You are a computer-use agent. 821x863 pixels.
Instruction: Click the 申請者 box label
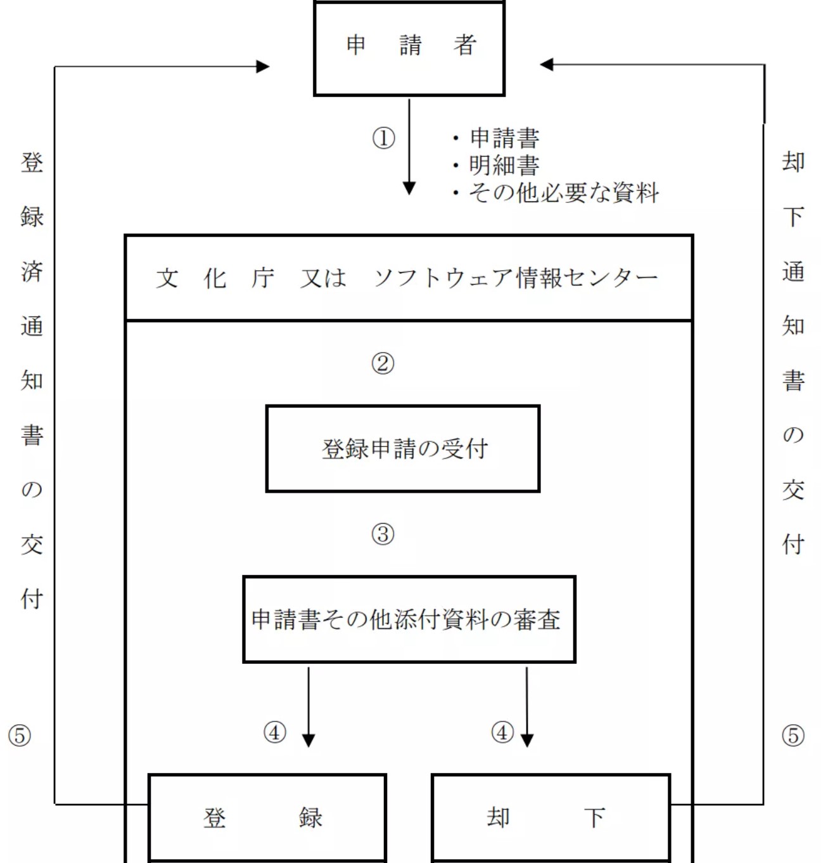411,45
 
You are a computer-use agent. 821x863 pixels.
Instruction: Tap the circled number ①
383,138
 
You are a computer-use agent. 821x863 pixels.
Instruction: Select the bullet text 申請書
504,138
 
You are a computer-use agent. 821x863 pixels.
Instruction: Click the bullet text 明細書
504,165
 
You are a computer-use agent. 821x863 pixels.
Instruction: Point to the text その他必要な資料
564,193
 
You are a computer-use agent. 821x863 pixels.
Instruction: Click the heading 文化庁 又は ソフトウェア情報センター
407,278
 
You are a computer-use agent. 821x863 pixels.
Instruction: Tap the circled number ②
383,364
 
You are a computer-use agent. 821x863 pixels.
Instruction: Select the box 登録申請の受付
403,448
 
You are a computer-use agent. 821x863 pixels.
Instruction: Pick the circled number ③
383,534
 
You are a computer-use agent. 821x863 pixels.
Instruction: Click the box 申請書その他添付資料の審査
409,619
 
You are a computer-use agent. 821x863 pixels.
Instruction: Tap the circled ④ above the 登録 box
274,732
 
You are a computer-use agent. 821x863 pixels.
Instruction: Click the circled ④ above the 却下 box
502,732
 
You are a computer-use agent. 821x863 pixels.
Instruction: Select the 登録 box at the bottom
267,817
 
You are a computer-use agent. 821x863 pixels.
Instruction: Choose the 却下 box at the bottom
551,817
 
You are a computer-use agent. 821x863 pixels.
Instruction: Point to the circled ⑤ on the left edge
20,736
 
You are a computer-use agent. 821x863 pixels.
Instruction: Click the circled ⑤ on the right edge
793,736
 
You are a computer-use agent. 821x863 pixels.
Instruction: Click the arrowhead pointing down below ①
409,189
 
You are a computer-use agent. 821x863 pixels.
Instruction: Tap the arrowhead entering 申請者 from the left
263,67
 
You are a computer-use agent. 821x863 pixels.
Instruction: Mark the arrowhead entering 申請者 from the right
547,65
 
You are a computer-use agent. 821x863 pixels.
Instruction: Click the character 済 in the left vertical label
32,271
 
